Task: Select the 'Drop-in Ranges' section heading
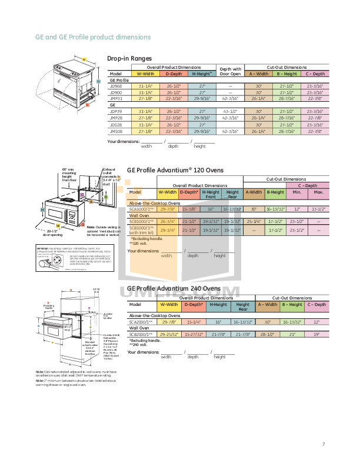[129, 58]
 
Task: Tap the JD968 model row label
[116, 86]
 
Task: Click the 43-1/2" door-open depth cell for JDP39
[231, 111]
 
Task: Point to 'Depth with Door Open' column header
[231, 71]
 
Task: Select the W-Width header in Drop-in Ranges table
[146, 74]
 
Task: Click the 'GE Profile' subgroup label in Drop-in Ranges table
[119, 81]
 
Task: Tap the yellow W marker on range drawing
[84, 60]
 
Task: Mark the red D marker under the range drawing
[87, 105]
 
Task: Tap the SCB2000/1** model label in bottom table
[141, 334]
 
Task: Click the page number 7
[323, 444]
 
